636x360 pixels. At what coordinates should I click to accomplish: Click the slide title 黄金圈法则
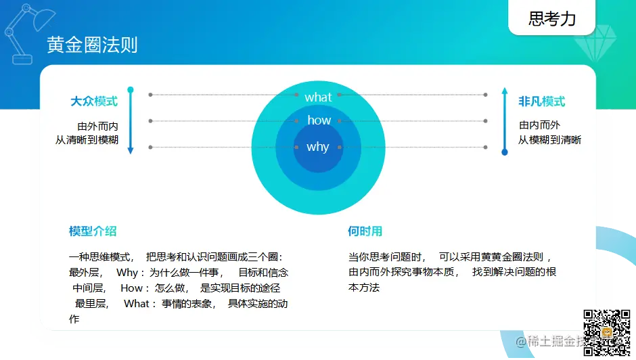click(x=92, y=45)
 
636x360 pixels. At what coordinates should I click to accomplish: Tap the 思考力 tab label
click(x=552, y=19)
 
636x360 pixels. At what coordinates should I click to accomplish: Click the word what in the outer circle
click(x=319, y=97)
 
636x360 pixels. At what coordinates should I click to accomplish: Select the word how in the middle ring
click(x=319, y=120)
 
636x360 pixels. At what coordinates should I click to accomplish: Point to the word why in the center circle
click(x=317, y=147)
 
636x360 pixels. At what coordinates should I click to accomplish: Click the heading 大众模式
click(x=94, y=101)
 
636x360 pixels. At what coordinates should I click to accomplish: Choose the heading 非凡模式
click(x=541, y=101)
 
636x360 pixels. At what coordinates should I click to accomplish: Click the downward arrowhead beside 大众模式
click(x=130, y=150)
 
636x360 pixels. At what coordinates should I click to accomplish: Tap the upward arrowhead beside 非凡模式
click(x=505, y=91)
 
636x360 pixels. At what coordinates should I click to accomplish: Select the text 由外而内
click(x=97, y=127)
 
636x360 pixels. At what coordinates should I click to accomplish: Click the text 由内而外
click(x=539, y=125)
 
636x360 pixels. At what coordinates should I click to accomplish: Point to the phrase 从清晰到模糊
click(x=87, y=140)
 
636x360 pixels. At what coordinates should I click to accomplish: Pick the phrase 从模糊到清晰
click(x=549, y=140)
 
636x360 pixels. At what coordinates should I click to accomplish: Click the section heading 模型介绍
click(x=93, y=231)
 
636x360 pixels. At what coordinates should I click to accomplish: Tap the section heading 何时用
click(x=365, y=231)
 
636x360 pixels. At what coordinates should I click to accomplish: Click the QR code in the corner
click(x=607, y=333)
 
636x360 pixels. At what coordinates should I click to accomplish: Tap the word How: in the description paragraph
click(x=135, y=288)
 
